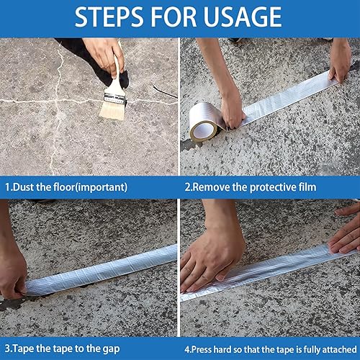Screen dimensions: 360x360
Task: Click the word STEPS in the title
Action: click(109, 17)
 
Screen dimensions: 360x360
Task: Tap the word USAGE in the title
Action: click(243, 17)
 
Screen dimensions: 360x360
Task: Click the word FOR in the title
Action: click(174, 17)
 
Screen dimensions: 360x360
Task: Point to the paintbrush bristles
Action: click(113, 110)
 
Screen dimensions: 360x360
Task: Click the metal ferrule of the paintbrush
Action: click(115, 98)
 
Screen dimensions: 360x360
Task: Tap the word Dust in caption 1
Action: click(23, 187)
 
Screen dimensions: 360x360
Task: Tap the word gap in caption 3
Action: click(111, 349)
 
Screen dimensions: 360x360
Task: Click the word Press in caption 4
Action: click(201, 349)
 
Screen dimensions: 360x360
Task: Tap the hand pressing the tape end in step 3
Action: click(12, 274)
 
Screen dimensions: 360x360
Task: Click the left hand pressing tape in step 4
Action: click(211, 259)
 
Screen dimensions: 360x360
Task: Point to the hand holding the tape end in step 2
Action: click(340, 63)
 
